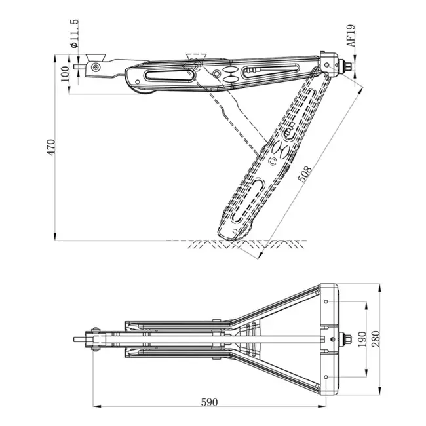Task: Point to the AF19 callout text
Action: point(351,35)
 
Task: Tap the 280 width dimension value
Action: point(375,339)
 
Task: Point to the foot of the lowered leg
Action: point(235,229)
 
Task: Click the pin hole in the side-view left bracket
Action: point(96,67)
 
